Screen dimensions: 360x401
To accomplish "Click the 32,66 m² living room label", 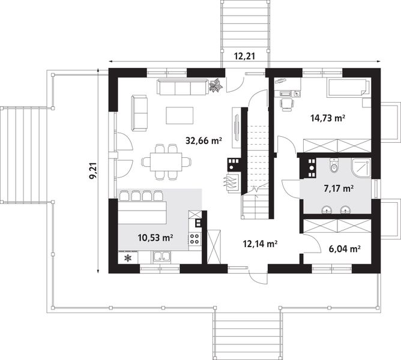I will (x=204, y=142).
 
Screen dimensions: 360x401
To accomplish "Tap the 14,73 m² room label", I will (x=327, y=119).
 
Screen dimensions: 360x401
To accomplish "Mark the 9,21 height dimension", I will (x=92, y=171).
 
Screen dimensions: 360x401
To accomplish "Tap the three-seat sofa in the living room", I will (x=181, y=88).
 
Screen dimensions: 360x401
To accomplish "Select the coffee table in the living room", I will (x=179, y=114).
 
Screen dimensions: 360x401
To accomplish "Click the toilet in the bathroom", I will (x=334, y=166).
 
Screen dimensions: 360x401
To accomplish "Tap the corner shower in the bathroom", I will (x=360, y=168).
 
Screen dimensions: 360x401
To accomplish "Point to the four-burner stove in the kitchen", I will (x=194, y=239).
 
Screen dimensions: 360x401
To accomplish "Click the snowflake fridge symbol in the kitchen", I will (x=127, y=259).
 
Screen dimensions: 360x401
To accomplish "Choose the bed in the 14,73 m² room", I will (x=346, y=88).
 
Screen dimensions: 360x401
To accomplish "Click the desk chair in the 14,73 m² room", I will (x=286, y=104).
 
